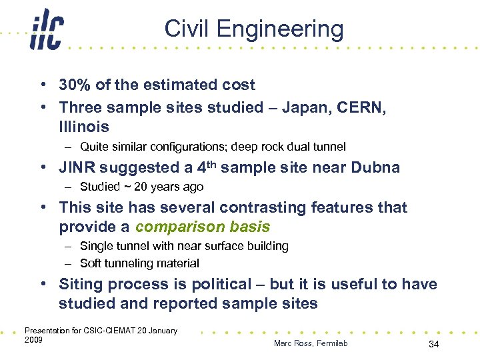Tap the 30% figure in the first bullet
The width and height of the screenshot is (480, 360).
75,85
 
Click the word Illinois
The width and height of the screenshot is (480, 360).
84,127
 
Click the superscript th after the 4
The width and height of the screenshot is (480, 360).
209,163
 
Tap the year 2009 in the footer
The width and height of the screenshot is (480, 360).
33,340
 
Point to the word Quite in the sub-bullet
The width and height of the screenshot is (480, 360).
94,147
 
